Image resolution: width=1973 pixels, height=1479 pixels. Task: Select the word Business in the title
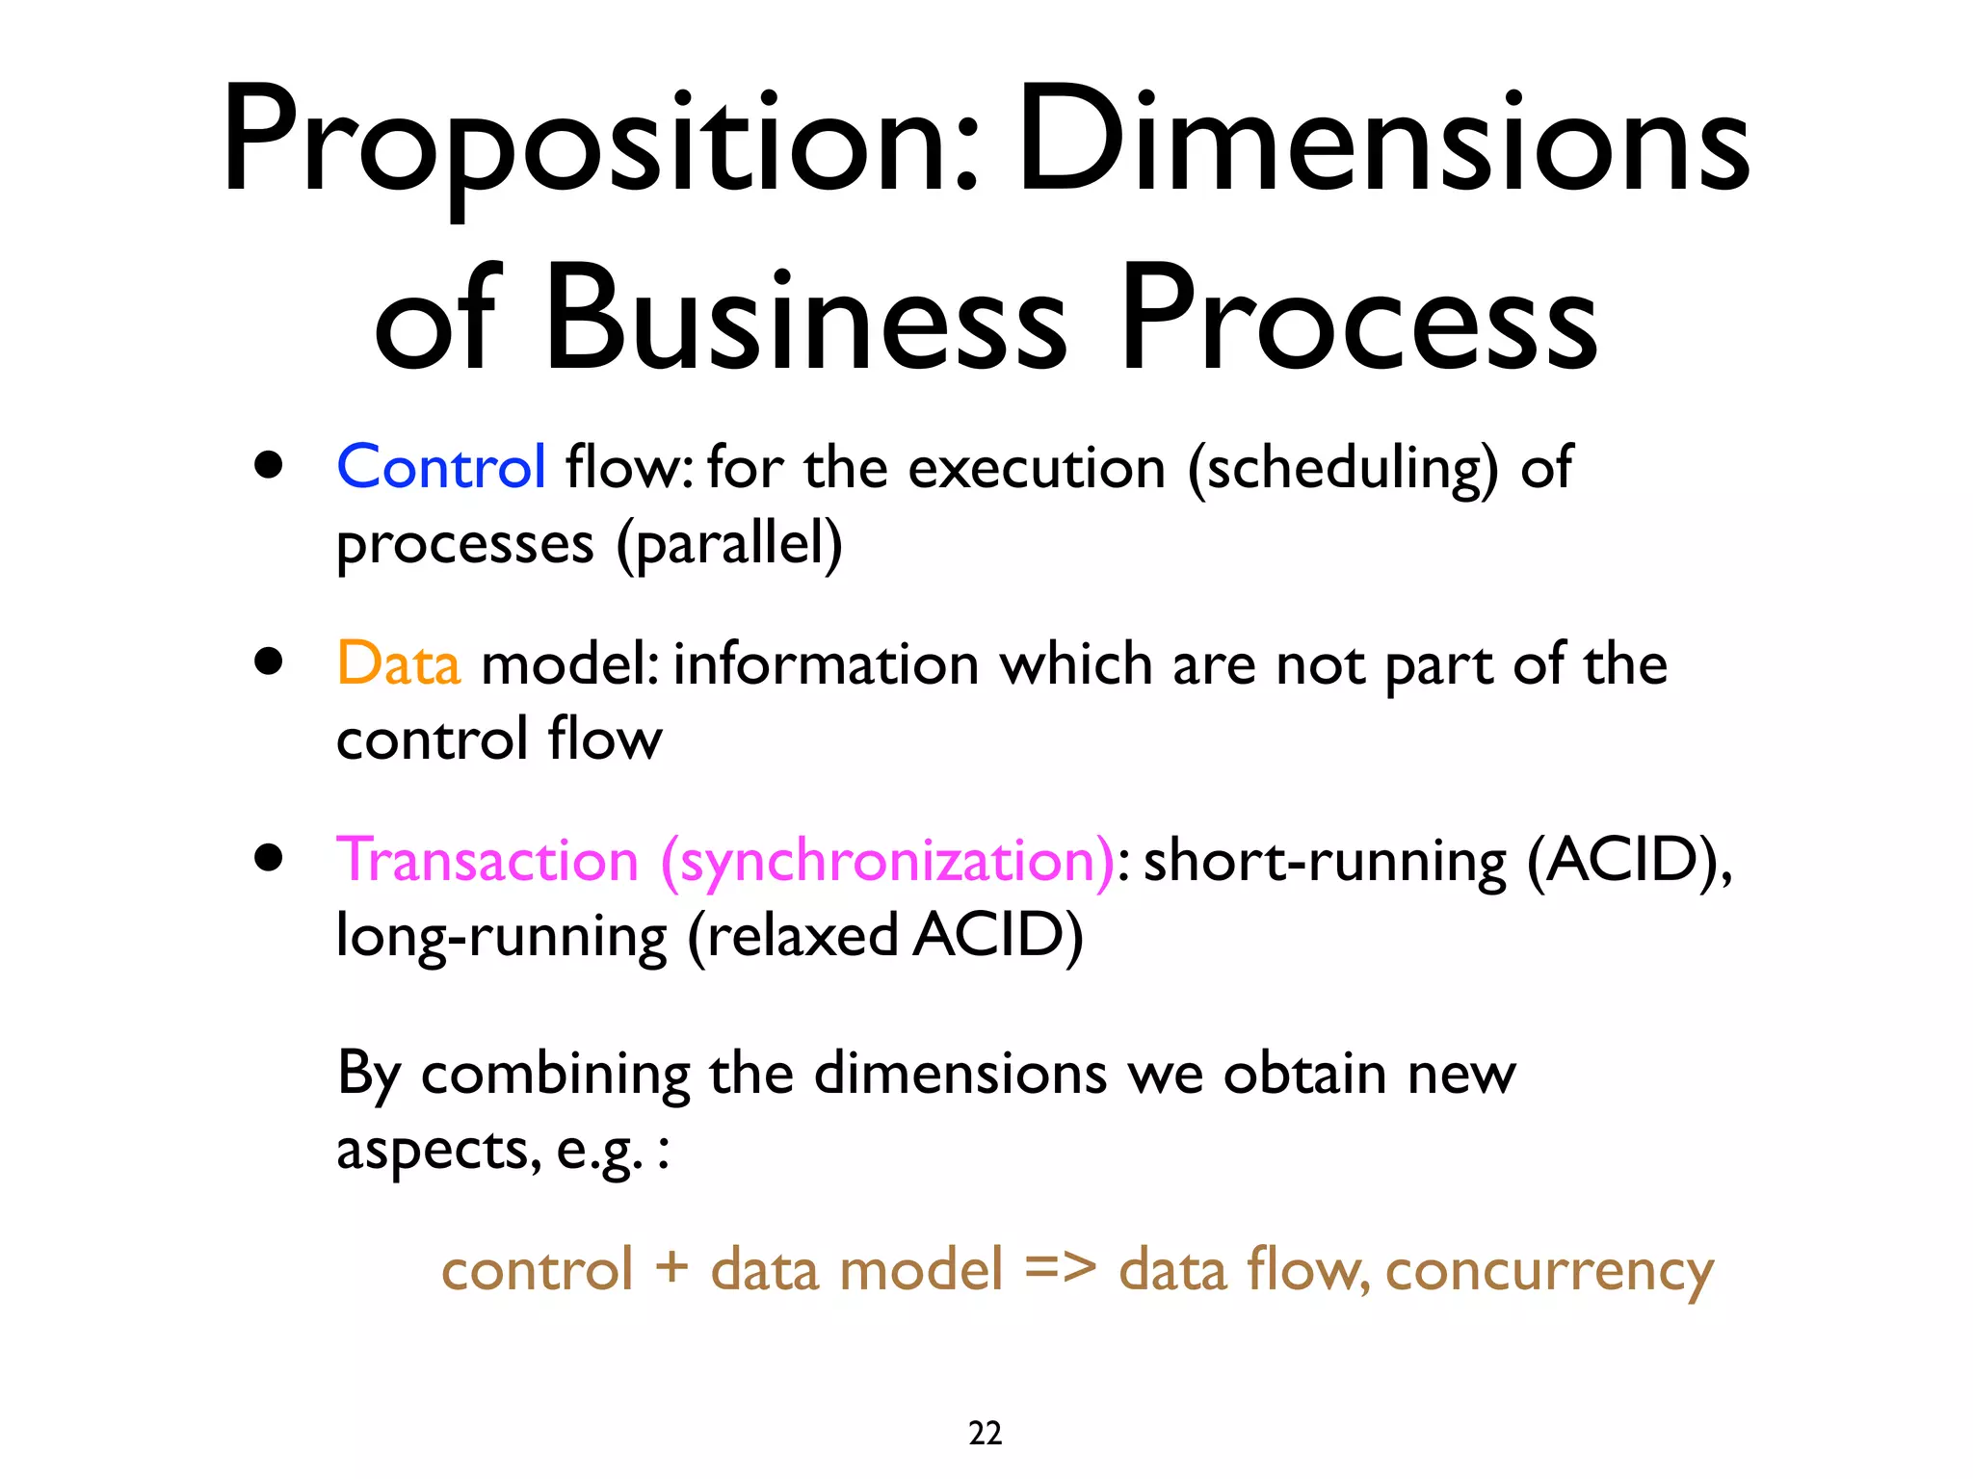tap(805, 320)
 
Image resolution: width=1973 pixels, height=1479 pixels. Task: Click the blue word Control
tap(441, 468)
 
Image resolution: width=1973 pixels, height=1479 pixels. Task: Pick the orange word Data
tap(398, 664)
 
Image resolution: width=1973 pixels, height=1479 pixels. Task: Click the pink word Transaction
tap(487, 860)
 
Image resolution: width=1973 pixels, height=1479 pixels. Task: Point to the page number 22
tap(985, 1433)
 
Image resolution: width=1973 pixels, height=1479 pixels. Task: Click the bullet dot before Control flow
tap(269, 466)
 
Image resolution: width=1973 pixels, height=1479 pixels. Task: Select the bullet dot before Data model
tap(269, 662)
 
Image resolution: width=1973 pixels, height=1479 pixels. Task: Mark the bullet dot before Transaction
tap(269, 858)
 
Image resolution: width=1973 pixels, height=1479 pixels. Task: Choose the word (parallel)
tap(729, 545)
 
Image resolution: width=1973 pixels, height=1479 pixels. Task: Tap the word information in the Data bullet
tap(826, 664)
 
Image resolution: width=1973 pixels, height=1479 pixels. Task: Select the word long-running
tap(501, 937)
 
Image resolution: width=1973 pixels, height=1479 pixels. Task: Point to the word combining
tap(556, 1075)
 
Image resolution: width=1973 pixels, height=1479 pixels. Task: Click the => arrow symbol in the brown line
tap(1060, 1268)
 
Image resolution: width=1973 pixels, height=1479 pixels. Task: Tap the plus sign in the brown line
tap(671, 1268)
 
